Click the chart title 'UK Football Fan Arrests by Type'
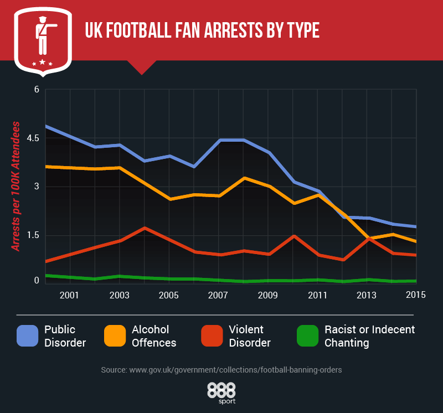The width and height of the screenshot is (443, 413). [202, 30]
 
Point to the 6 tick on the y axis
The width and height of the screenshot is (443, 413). [36, 89]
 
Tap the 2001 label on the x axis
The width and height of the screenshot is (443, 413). [69, 295]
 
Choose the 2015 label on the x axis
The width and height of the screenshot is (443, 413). [416, 295]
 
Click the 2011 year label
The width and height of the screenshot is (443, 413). [317, 295]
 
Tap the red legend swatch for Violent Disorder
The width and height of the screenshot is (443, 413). [212, 336]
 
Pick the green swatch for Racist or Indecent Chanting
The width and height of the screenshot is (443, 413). [308, 336]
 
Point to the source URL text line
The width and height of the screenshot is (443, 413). [221, 369]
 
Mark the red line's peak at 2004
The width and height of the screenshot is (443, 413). [144, 228]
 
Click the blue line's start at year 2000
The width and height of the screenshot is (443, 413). [45, 126]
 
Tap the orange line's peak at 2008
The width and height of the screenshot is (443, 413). [243, 178]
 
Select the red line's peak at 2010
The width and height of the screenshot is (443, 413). [293, 236]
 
